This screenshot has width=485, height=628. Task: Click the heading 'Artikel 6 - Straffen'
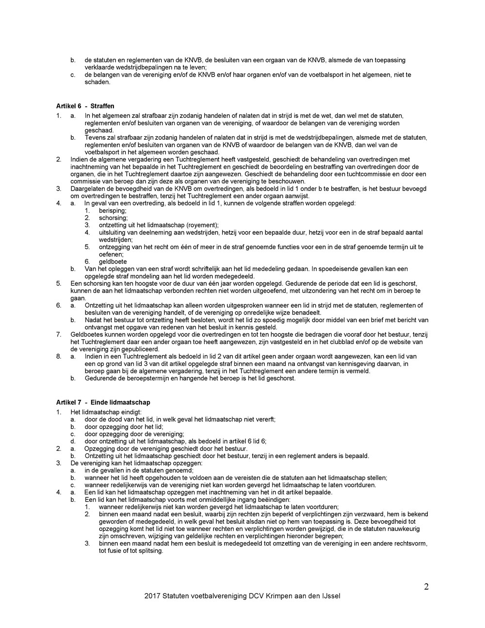[x=85, y=106]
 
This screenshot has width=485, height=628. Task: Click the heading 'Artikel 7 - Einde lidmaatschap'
[x=103, y=402]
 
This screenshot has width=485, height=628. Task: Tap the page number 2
[x=426, y=587]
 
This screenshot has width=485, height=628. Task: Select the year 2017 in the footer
[x=152, y=596]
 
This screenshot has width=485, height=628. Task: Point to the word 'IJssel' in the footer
[x=330, y=596]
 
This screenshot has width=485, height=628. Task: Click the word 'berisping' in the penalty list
[x=113, y=211]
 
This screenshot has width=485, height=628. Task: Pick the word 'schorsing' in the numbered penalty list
[x=113, y=218]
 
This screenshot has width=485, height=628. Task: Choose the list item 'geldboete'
[x=113, y=262]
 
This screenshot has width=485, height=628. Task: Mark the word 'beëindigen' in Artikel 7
[x=274, y=499]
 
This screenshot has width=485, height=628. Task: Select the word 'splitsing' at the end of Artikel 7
[x=149, y=551]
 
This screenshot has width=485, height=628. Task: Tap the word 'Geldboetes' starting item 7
[x=86, y=334]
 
